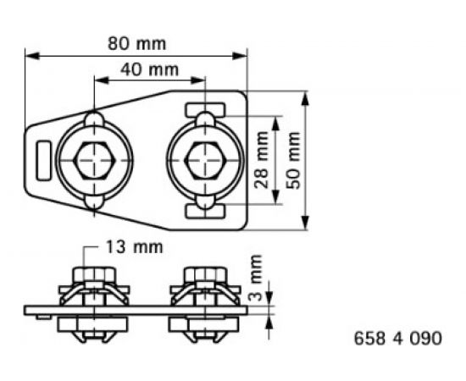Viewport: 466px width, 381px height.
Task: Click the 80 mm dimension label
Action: point(137,42)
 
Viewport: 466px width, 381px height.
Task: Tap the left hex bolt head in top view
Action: point(93,159)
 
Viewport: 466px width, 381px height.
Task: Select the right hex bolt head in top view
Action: point(204,159)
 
